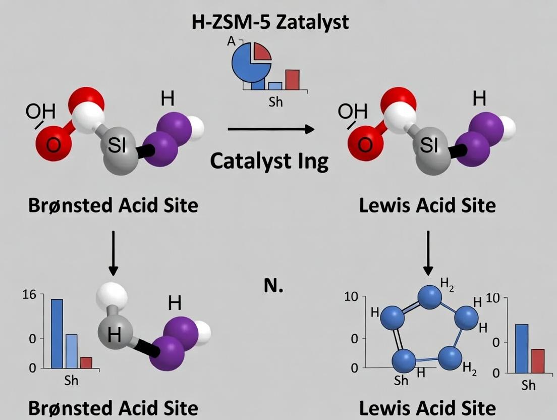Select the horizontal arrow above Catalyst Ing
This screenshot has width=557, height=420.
click(x=271, y=130)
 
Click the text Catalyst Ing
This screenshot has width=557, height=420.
click(x=269, y=161)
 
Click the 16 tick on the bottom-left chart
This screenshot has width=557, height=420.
click(x=30, y=294)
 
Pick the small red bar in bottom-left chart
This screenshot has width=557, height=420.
click(x=86, y=362)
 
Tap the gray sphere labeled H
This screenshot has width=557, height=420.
click(x=115, y=334)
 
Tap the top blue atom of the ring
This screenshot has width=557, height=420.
click(x=430, y=297)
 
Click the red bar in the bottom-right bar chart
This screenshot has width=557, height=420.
click(x=538, y=360)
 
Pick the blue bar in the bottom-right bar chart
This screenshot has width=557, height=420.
click(x=521, y=348)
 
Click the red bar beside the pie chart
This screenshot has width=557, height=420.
click(x=292, y=79)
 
